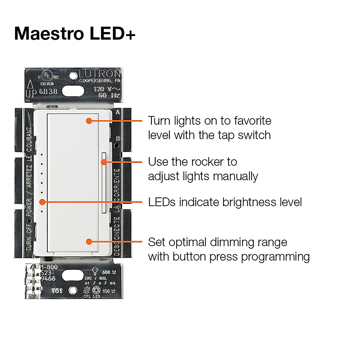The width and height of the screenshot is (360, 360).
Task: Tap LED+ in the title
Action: [112, 33]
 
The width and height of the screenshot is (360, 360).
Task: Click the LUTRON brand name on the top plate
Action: [100, 74]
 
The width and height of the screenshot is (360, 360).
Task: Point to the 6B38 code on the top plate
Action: [48, 91]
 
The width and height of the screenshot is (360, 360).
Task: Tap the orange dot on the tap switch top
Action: [89, 121]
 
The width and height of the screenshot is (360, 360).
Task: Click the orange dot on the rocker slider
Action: [104, 162]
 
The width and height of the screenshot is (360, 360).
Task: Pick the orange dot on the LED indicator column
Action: [42, 202]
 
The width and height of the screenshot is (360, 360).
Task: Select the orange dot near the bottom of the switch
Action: [89, 241]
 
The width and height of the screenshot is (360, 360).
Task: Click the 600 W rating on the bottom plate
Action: [109, 272]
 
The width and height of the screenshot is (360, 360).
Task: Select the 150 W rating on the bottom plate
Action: [109, 291]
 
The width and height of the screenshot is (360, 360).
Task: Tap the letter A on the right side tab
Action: [118, 112]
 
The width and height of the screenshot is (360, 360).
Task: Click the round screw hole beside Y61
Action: [72, 290]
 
